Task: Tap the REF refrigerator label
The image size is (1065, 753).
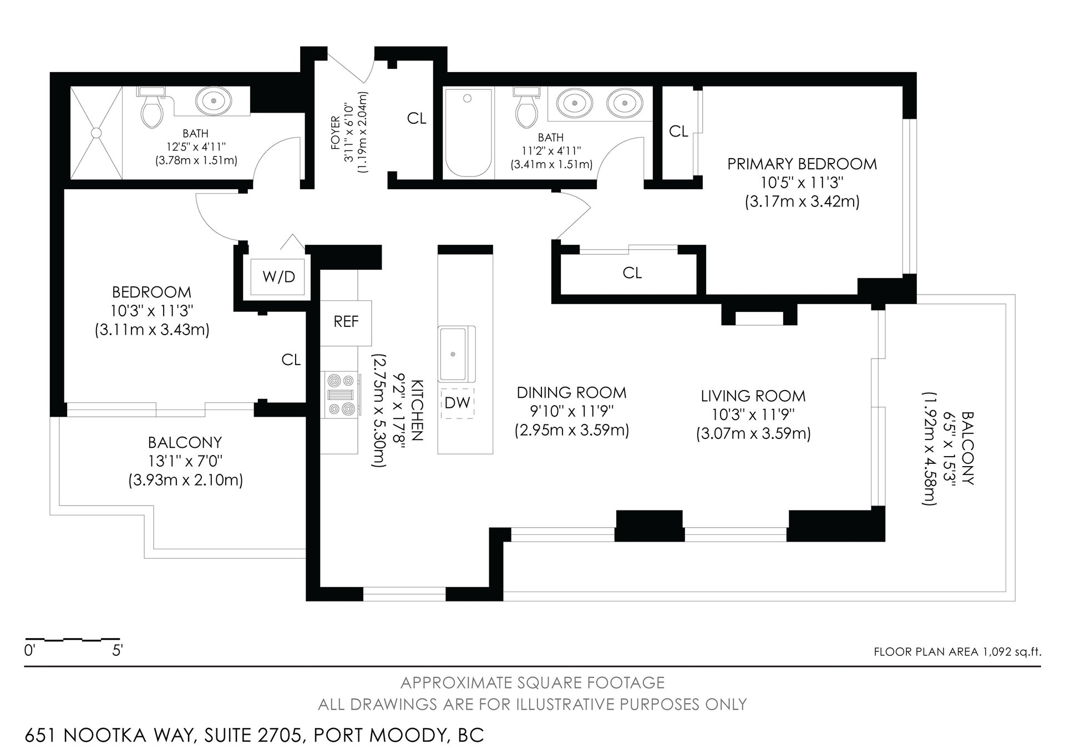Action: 346,322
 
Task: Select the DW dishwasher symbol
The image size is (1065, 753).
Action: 458,403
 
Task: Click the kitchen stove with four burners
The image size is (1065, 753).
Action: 341,395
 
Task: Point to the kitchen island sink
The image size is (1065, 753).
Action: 457,353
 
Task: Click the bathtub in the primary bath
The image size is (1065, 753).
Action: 468,133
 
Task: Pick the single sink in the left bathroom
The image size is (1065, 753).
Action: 211,102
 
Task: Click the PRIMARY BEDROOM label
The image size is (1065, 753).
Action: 802,164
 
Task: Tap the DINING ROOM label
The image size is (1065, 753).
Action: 571,393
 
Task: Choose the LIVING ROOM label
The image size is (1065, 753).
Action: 753,396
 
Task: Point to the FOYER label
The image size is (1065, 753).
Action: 335,133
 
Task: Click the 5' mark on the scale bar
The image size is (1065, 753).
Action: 117,650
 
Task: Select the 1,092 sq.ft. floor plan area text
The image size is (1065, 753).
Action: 1010,652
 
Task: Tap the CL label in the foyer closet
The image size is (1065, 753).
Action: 417,118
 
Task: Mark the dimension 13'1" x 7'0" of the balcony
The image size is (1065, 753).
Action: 185,461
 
